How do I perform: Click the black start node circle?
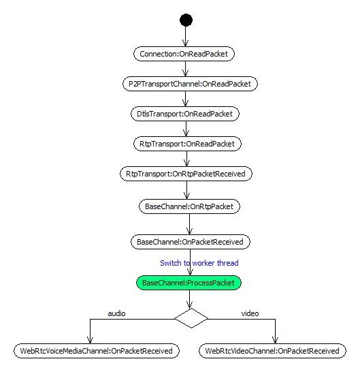pyautogui.click(x=186, y=20)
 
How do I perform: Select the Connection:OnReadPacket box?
pyautogui.click(x=184, y=54)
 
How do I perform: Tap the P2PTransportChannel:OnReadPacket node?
pyautogui.click(x=190, y=84)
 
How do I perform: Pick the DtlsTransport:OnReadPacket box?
pyautogui.click(x=185, y=114)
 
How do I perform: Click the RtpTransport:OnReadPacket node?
pyautogui.click(x=187, y=144)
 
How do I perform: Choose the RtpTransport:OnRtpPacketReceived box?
pyautogui.click(x=186, y=174)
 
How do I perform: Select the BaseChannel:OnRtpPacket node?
pyautogui.click(x=189, y=206)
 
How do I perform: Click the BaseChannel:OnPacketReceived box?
pyautogui.click(x=191, y=242)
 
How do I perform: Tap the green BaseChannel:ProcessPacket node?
pyautogui.click(x=189, y=283)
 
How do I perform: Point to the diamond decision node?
pyautogui.click(x=191, y=318)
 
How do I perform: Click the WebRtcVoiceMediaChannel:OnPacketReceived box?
pyautogui.click(x=97, y=351)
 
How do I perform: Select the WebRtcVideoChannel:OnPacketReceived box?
pyautogui.click(x=272, y=351)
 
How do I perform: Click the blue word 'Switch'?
pyautogui.click(x=171, y=263)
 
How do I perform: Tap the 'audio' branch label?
pyautogui.click(x=116, y=313)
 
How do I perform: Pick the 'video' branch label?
pyautogui.click(x=250, y=313)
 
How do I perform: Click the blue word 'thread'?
pyautogui.click(x=228, y=263)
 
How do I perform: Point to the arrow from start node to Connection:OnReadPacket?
pyautogui.click(x=186, y=36)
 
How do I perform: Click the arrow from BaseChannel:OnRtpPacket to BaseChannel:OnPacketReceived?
pyautogui.click(x=189, y=224)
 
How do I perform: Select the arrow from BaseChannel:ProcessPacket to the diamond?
pyautogui.click(x=189, y=299)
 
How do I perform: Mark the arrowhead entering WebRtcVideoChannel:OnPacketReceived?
pyautogui.click(x=275, y=340)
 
